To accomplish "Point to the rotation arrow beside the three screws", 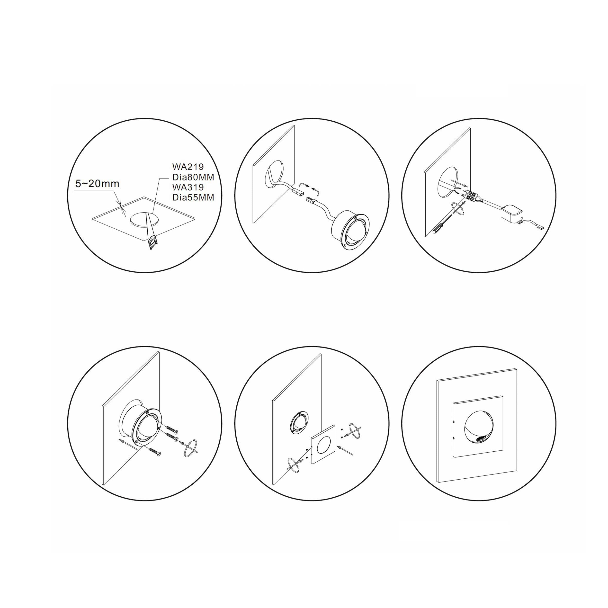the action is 190,446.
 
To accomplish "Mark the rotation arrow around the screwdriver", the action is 457,209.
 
